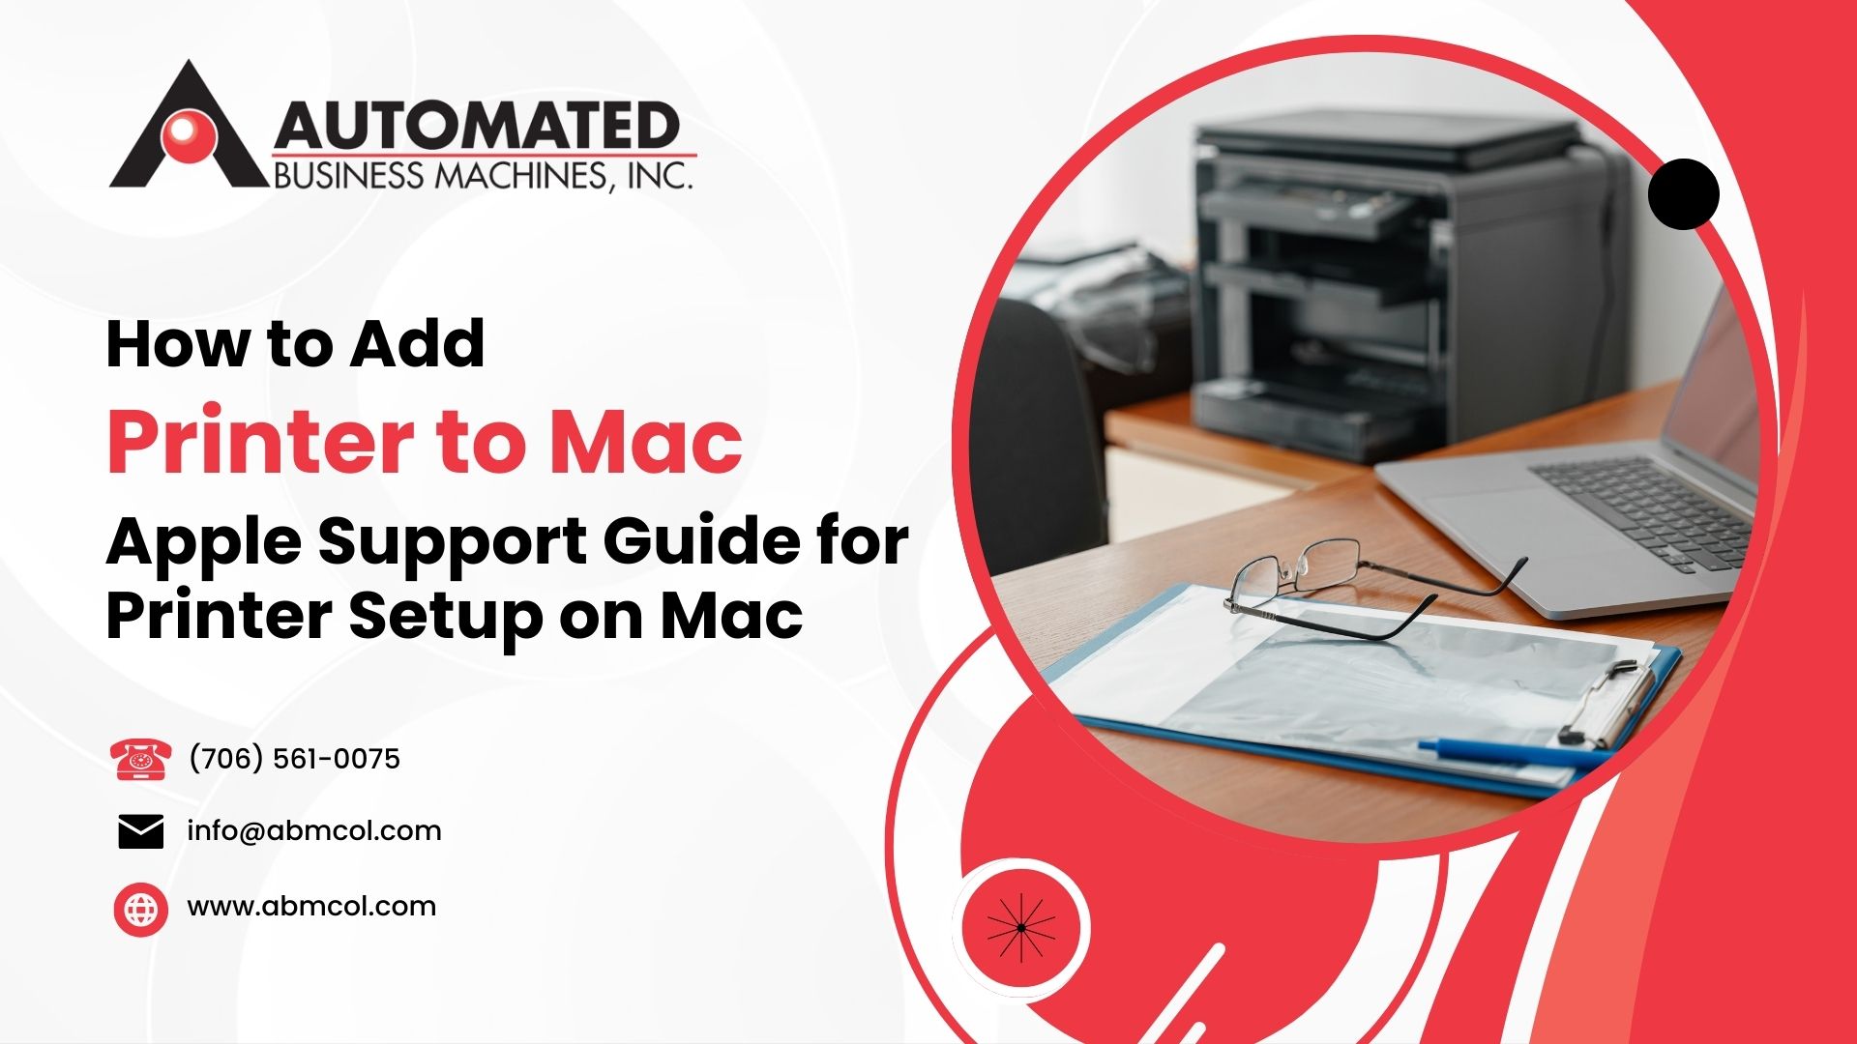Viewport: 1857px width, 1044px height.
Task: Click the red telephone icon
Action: click(x=141, y=759)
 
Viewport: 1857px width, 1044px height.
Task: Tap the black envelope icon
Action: click(x=141, y=831)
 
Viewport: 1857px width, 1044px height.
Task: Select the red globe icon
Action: click(x=141, y=909)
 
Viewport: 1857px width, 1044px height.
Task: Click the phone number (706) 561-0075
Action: click(x=294, y=759)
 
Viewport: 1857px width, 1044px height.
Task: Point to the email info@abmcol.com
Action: click(x=314, y=830)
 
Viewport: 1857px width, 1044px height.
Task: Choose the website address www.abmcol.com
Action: click(x=311, y=906)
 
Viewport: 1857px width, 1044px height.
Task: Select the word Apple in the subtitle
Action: click(x=203, y=543)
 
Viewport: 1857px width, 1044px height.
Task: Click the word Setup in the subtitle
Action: click(x=445, y=617)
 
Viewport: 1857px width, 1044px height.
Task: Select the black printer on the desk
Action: click(x=1393, y=290)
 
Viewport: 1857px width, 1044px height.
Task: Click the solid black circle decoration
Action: click(x=1683, y=194)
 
